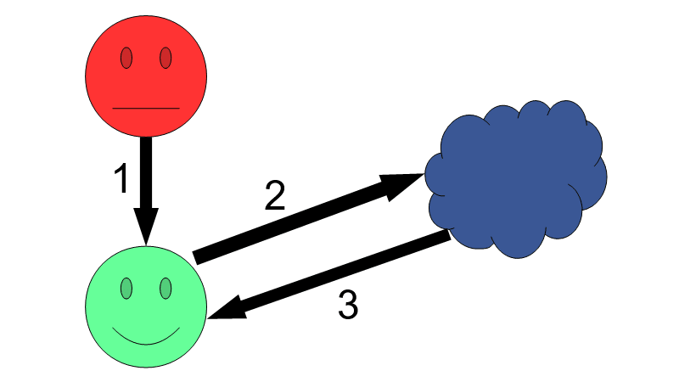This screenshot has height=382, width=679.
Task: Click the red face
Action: [146, 81]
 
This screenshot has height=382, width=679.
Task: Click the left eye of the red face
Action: [126, 58]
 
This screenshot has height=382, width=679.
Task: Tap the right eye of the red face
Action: [166, 58]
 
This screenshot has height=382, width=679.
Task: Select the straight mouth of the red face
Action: [146, 109]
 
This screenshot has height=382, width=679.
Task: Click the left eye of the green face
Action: [126, 289]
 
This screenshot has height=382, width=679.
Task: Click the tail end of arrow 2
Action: [199, 256]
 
